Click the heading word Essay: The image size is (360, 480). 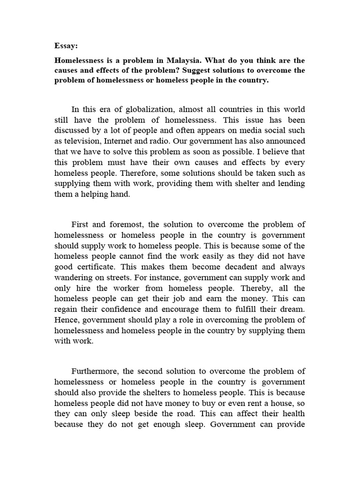pyautogui.click(x=66, y=46)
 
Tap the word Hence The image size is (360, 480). pyautogui.click(x=66, y=320)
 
